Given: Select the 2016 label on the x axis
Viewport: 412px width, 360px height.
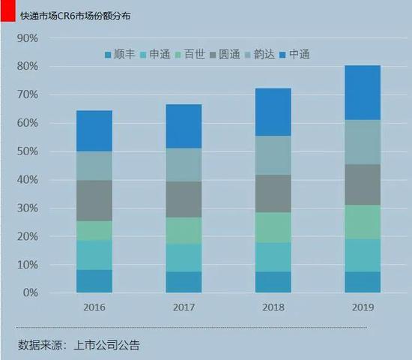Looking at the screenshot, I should pos(94,307).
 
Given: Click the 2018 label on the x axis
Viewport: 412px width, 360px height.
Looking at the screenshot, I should pos(273,307).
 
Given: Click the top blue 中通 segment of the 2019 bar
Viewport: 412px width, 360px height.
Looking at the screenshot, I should pos(362,92).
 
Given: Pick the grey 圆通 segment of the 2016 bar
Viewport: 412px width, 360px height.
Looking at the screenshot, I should pos(94,200).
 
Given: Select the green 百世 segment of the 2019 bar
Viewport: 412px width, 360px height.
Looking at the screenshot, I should pos(362,222).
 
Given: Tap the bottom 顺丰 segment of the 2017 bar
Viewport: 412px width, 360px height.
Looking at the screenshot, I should pos(184,282).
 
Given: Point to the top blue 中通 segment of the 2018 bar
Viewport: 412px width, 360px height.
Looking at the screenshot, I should pos(273,112).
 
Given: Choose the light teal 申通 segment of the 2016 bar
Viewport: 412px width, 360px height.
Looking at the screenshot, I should pos(94,255).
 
